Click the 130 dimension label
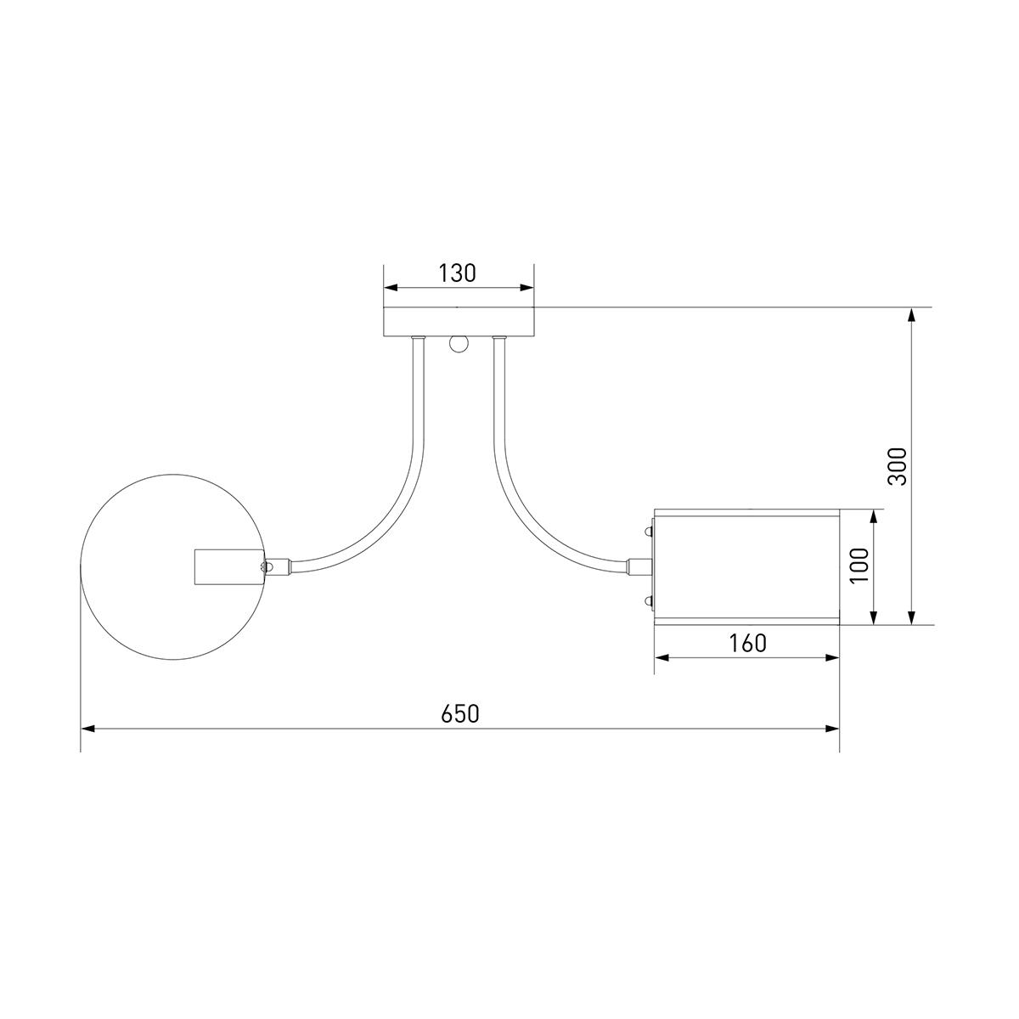458,273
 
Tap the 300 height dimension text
898,466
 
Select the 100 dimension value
859,566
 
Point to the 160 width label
748,644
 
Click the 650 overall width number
460,714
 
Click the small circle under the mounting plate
459,344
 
